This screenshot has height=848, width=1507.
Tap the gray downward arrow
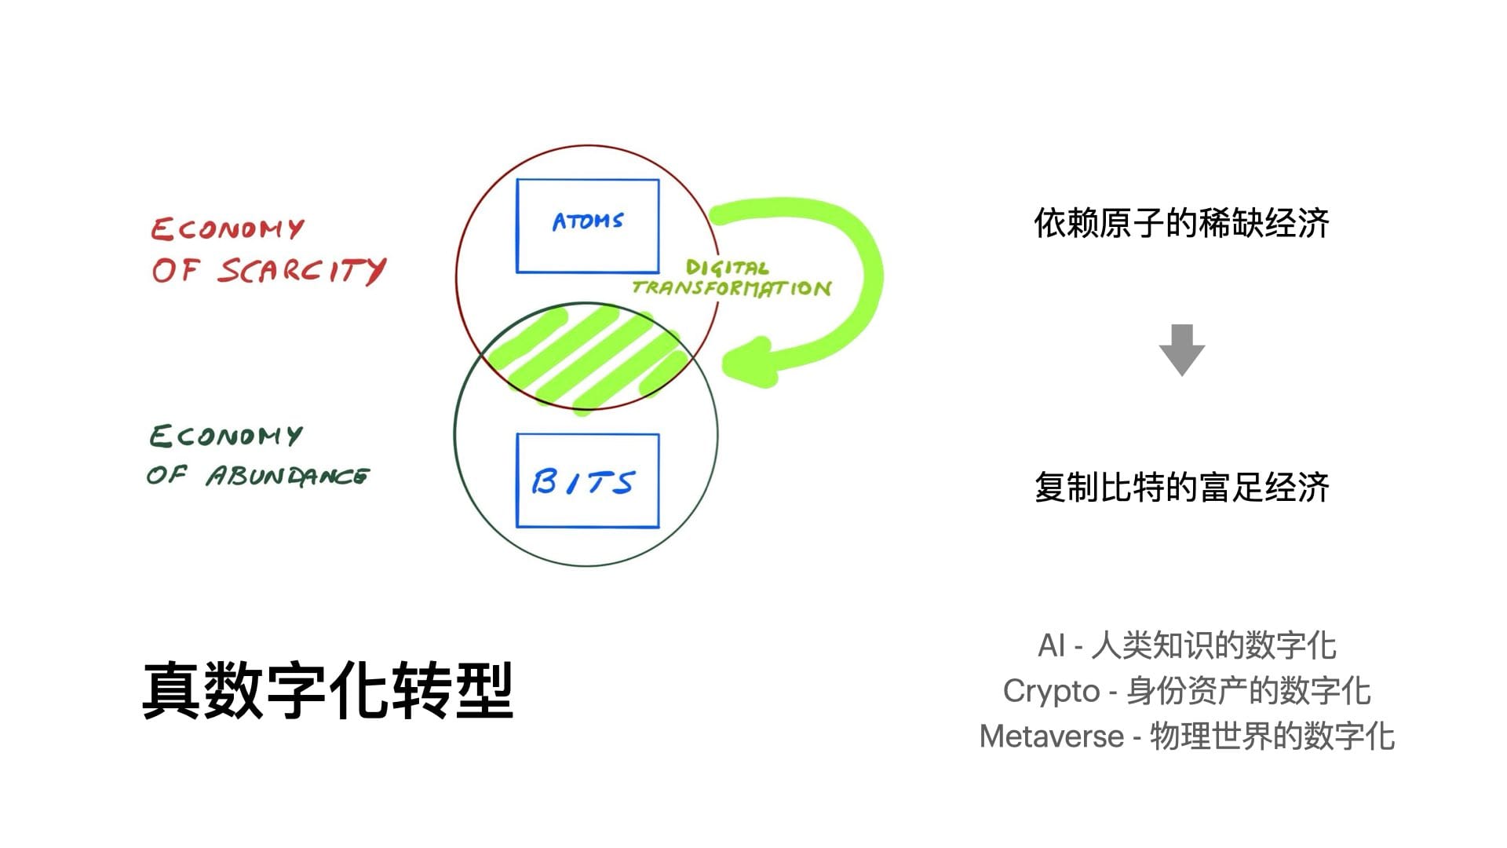click(x=1182, y=350)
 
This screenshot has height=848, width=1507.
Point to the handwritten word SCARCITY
click(x=302, y=271)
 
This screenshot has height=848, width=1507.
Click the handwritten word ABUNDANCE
click(x=288, y=476)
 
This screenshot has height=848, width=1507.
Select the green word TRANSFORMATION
click(x=732, y=288)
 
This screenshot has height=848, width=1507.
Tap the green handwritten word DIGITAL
click(x=727, y=268)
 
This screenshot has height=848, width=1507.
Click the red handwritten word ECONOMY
click(x=228, y=228)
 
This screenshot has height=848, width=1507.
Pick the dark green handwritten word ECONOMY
click(x=226, y=436)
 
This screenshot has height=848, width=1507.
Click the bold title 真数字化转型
click(x=328, y=690)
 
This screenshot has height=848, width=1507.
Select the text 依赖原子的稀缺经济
click(x=1181, y=224)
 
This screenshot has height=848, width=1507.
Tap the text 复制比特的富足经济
click(x=1181, y=488)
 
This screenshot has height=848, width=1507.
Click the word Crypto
click(x=1051, y=692)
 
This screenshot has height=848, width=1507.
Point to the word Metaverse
click(x=1052, y=737)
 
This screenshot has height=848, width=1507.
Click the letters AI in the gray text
click(x=1051, y=646)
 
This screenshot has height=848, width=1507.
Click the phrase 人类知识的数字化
click(x=1213, y=646)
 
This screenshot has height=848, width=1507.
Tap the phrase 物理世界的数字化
click(x=1272, y=737)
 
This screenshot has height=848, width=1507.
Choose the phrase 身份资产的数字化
click(x=1249, y=692)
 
